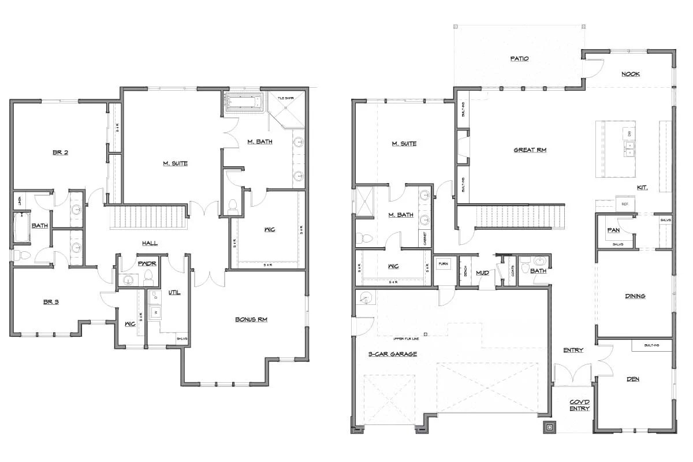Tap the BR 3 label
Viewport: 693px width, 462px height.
52,301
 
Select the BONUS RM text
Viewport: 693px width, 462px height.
251,319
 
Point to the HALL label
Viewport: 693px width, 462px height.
150,243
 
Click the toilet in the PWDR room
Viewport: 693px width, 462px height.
148,277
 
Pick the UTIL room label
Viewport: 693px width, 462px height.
174,293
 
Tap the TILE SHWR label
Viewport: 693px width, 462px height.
285,98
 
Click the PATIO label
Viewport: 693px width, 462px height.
520,58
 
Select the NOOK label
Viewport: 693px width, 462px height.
630,74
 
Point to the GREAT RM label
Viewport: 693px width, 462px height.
530,150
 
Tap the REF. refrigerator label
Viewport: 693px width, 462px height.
625,204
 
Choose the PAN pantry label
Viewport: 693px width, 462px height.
613,229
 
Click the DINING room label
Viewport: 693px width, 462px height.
635,296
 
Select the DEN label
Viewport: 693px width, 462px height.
633,379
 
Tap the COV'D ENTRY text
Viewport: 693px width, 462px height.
579,405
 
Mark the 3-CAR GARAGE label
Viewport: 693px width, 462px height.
393,353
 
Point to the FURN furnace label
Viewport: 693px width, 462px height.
444,263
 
